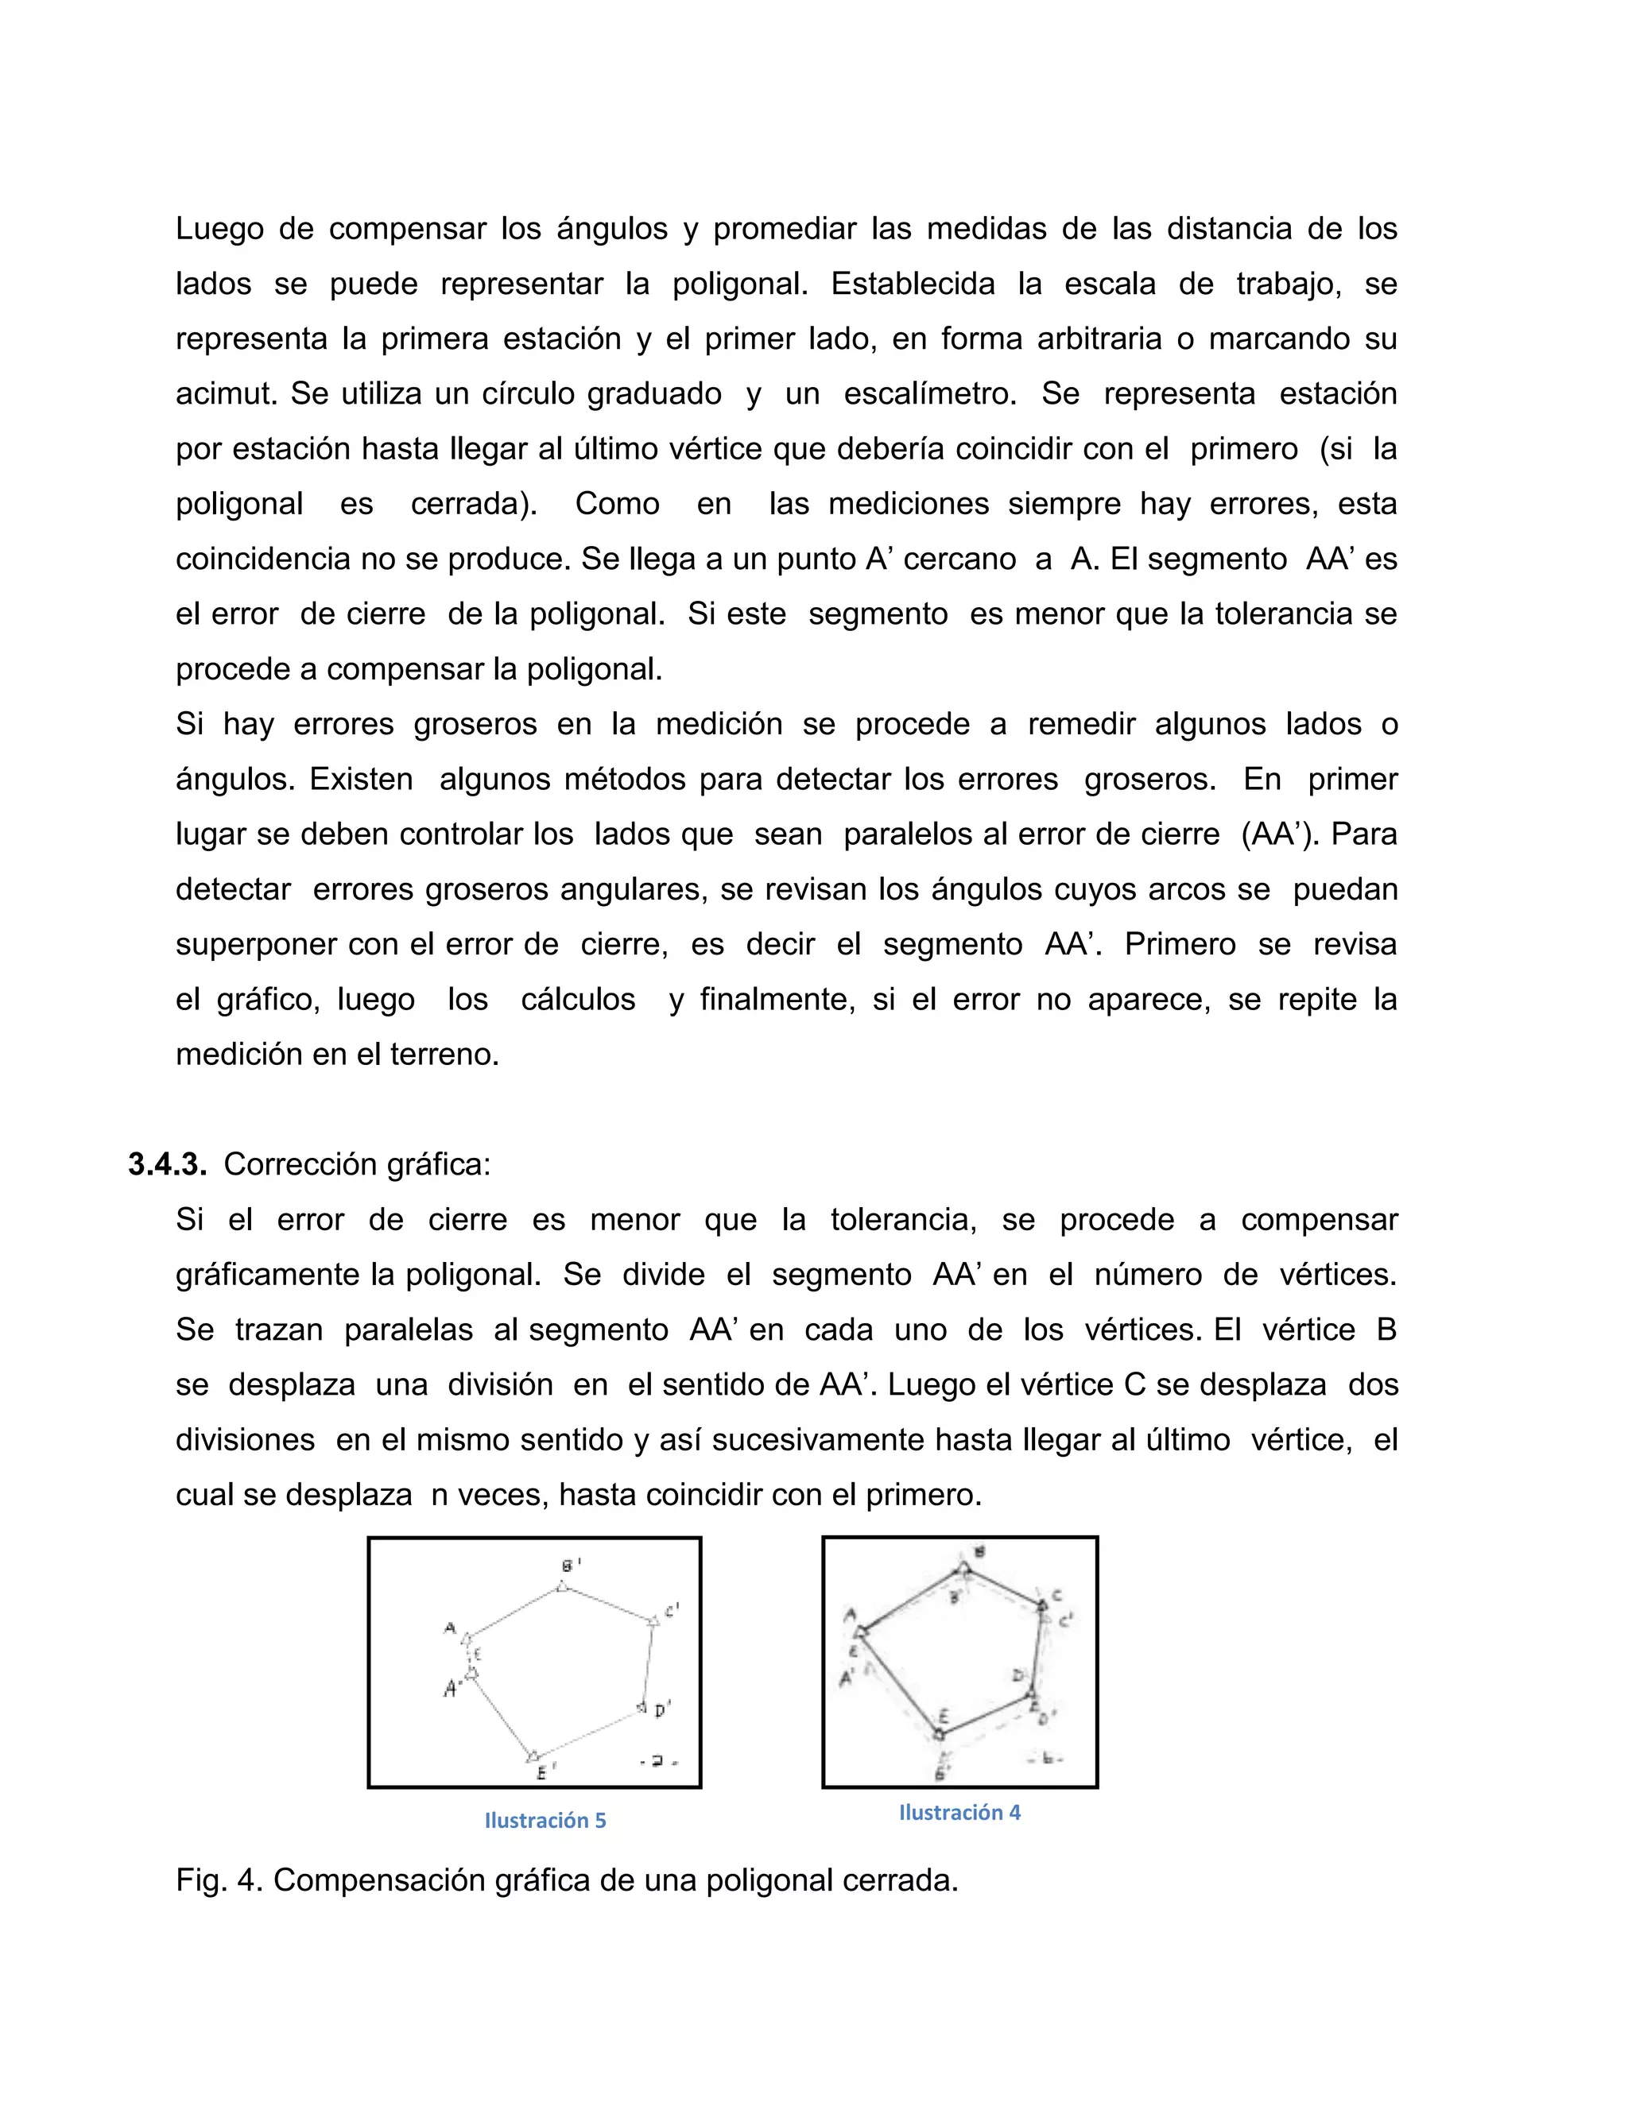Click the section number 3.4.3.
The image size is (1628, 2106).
167,1165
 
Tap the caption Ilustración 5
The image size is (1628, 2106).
545,1821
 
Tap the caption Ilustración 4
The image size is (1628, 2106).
959,1813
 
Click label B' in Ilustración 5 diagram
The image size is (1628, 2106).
572,1564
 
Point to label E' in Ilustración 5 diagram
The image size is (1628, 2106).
546,1771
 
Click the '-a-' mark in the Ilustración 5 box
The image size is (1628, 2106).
659,1762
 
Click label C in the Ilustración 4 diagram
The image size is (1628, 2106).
1056,1596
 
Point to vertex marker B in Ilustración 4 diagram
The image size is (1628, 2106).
963,1569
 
